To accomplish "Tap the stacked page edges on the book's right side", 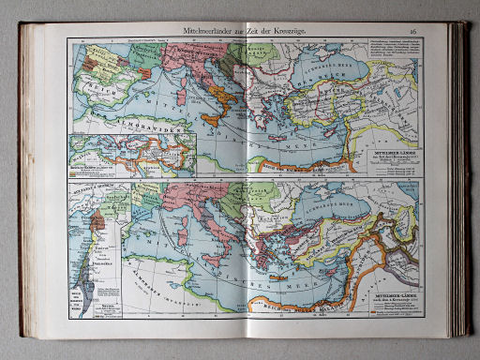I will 459,178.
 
